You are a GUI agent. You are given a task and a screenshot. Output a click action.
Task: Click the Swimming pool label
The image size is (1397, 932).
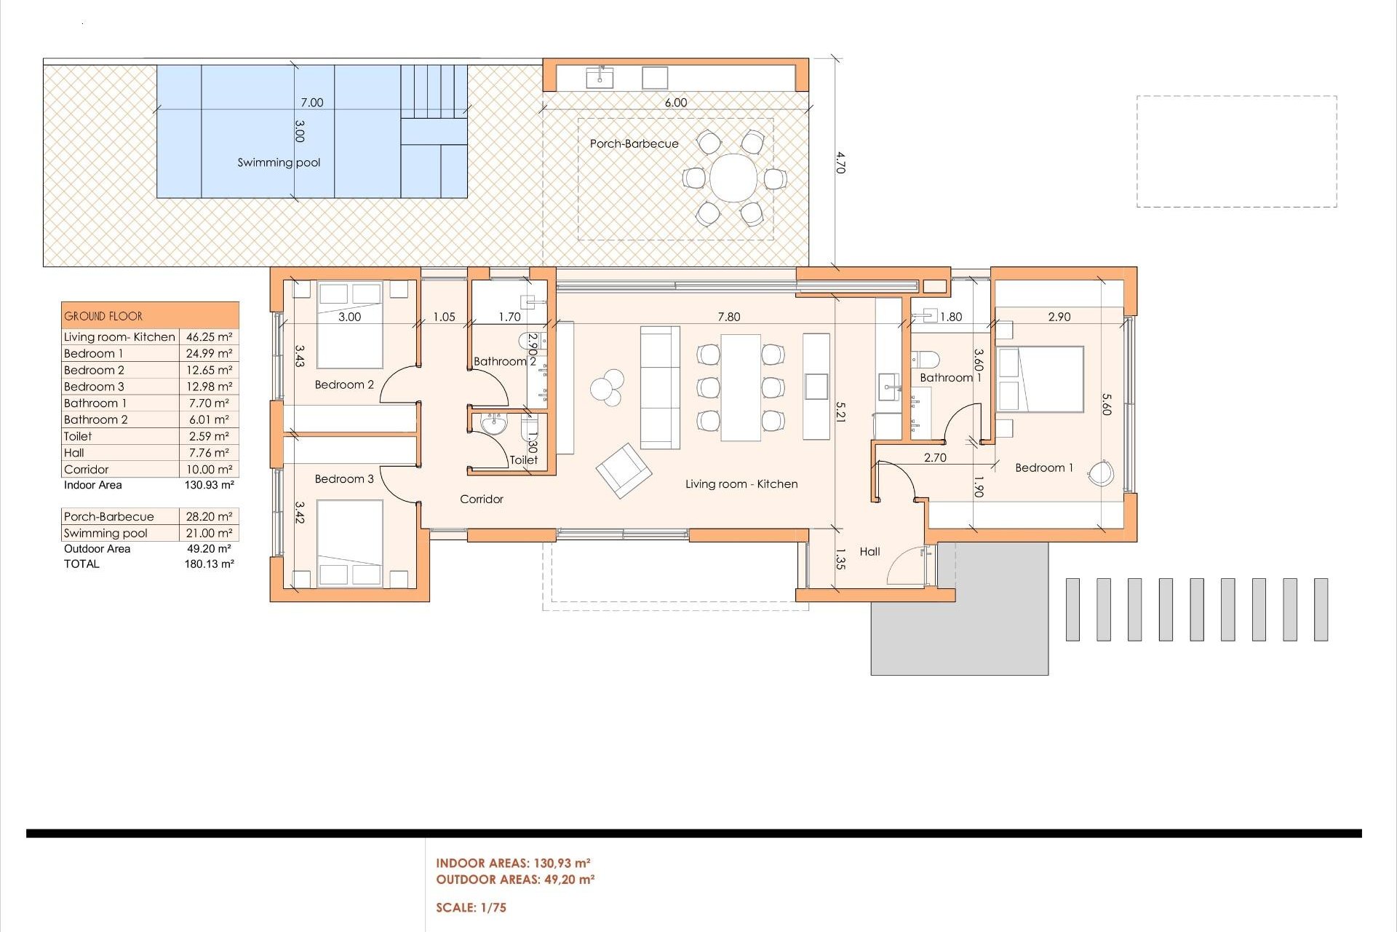(279, 162)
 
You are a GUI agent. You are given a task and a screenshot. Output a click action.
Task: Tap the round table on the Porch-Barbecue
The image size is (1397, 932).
(733, 178)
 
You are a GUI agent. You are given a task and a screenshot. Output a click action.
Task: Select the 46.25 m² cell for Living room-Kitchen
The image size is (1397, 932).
(209, 336)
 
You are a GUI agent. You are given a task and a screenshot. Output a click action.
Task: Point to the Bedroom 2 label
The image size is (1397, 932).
(344, 384)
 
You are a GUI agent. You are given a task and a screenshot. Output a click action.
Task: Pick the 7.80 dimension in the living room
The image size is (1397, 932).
(728, 317)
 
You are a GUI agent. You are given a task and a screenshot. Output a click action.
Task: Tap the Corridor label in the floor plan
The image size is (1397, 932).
(481, 499)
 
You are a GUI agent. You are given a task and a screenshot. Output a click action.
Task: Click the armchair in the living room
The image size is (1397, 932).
(624, 470)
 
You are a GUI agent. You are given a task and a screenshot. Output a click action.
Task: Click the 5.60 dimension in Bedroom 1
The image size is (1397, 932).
(1106, 405)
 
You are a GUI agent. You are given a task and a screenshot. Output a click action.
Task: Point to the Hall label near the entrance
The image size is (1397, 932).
(869, 551)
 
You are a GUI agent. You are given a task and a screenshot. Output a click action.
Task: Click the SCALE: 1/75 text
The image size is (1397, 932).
(471, 907)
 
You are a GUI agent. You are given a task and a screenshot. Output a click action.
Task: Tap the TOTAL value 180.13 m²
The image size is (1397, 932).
(209, 564)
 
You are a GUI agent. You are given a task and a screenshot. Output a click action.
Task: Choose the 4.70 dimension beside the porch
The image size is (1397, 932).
(840, 162)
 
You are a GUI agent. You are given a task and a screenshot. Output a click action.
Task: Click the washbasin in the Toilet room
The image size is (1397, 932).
(494, 424)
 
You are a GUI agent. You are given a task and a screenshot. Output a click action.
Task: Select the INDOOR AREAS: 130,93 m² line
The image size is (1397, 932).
(513, 863)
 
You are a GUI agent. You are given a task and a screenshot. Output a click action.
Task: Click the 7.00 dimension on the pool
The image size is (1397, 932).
(311, 103)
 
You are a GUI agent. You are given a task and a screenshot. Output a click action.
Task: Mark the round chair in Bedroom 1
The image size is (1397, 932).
(1100, 474)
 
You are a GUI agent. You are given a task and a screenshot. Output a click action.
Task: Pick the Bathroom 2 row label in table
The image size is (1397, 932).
(96, 419)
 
